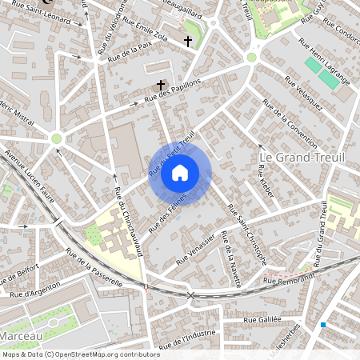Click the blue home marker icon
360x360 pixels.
click(180, 172)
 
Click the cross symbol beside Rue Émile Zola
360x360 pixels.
click(188, 41)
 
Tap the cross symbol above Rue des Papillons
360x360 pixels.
click(161, 84)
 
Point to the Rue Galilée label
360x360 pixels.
click(263, 319)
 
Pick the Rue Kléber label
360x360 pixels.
click(265, 178)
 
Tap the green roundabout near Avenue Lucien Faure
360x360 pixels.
click(56, 138)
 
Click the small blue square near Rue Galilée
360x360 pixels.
click(323, 325)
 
